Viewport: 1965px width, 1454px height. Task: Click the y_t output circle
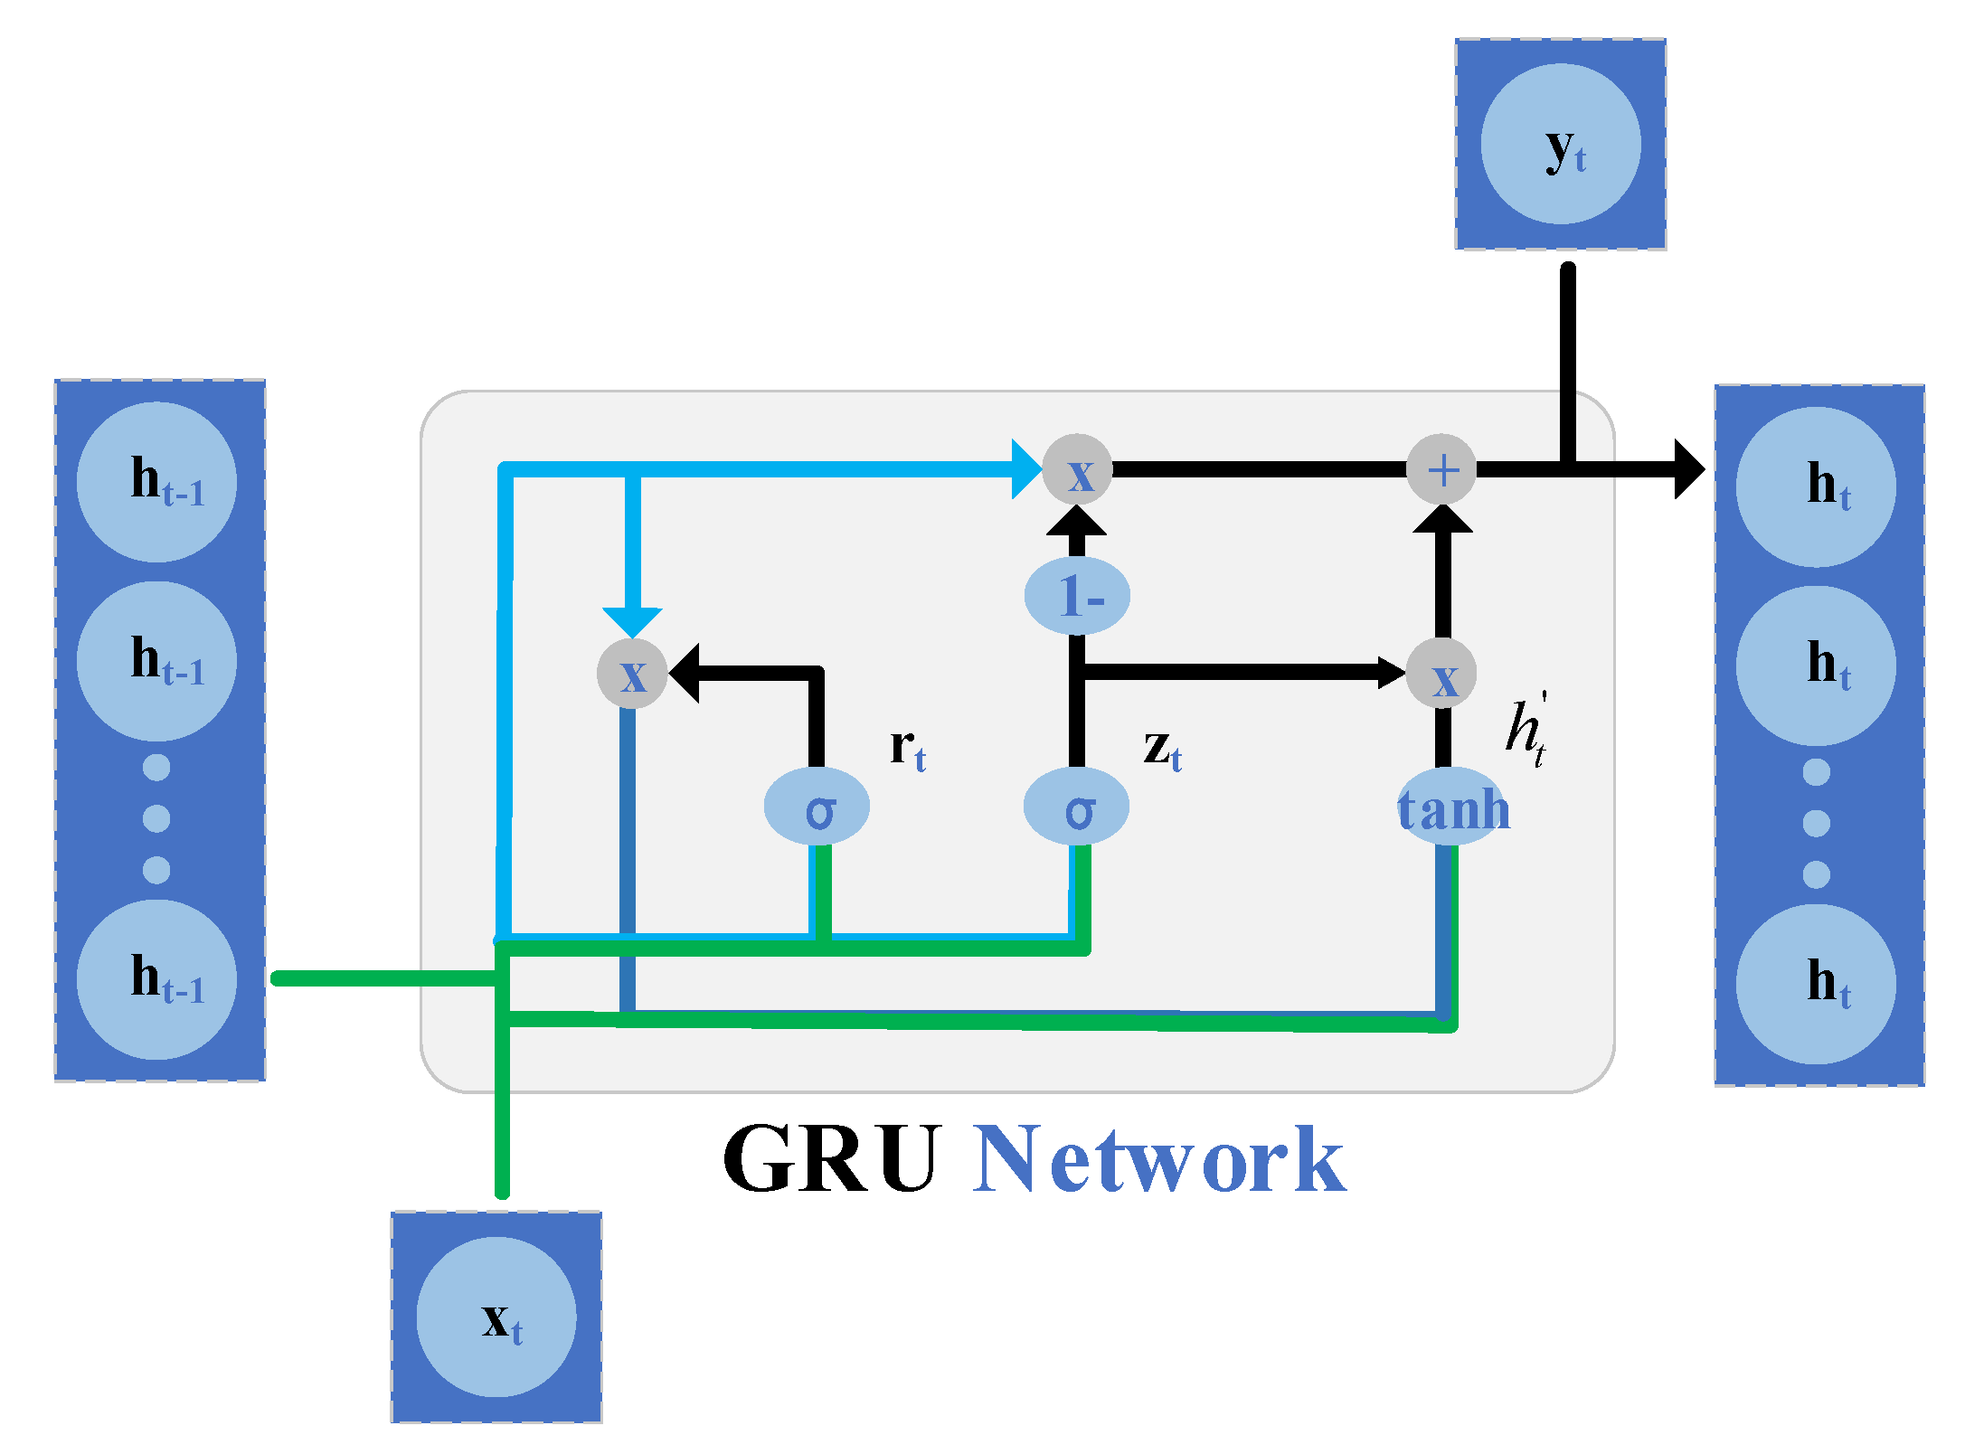coord(1561,144)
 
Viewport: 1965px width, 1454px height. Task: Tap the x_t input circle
coord(496,1317)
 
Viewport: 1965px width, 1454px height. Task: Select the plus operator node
coord(1441,469)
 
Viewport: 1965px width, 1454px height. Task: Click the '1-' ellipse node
coord(1077,595)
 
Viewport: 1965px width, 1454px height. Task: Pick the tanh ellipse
coord(1453,807)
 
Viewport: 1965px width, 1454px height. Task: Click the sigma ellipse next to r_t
coord(817,807)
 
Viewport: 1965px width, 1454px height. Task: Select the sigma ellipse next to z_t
coord(1076,807)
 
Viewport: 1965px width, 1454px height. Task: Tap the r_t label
coord(908,749)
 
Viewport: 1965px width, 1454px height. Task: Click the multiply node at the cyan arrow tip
coord(1077,469)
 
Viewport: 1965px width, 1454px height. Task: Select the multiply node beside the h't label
coord(1441,674)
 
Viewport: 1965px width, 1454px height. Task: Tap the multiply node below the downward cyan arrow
coord(632,674)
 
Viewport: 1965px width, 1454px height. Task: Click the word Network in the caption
coord(1160,1159)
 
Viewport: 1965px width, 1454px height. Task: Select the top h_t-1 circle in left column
coord(156,482)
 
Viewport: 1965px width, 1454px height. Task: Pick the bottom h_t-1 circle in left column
coord(156,979)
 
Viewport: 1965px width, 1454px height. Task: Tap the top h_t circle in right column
coord(1816,486)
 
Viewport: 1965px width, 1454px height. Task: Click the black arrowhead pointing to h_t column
coord(1687,469)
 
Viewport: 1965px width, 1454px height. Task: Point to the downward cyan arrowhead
coord(632,621)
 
